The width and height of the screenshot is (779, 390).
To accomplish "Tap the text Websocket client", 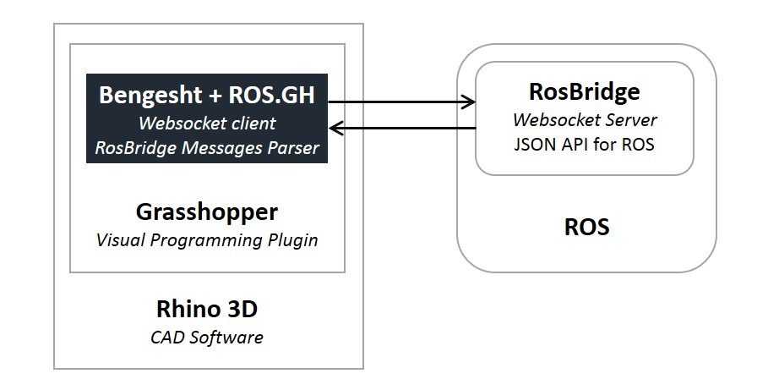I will click(207, 124).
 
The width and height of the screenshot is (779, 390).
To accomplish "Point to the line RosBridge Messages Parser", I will click(207, 148).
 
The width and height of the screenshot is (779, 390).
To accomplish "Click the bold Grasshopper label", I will click(207, 211).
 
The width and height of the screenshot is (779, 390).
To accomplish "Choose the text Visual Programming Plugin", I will click(207, 239).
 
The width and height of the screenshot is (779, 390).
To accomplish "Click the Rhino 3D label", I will click(207, 308).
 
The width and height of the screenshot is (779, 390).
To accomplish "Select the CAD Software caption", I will click(207, 338).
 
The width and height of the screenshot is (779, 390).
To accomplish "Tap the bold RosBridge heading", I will click(584, 91).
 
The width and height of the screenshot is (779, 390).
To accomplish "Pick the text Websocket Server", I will click(584, 120).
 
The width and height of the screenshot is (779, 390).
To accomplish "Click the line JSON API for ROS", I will click(584, 144).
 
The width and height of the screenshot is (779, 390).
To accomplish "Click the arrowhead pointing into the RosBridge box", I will click(469, 102).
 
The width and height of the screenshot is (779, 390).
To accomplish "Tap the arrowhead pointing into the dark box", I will click(335, 129).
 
